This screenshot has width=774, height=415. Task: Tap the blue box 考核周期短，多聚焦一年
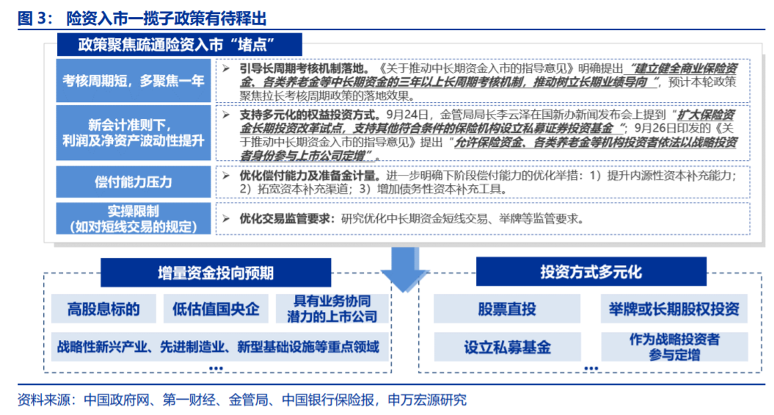click(134, 81)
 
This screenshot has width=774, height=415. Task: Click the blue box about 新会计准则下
click(134, 132)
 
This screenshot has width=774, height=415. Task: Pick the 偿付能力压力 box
click(134, 181)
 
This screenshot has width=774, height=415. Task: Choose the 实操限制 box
click(134, 218)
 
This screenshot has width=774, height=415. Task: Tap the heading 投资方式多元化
click(591, 273)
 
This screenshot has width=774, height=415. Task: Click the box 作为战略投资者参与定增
click(673, 346)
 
